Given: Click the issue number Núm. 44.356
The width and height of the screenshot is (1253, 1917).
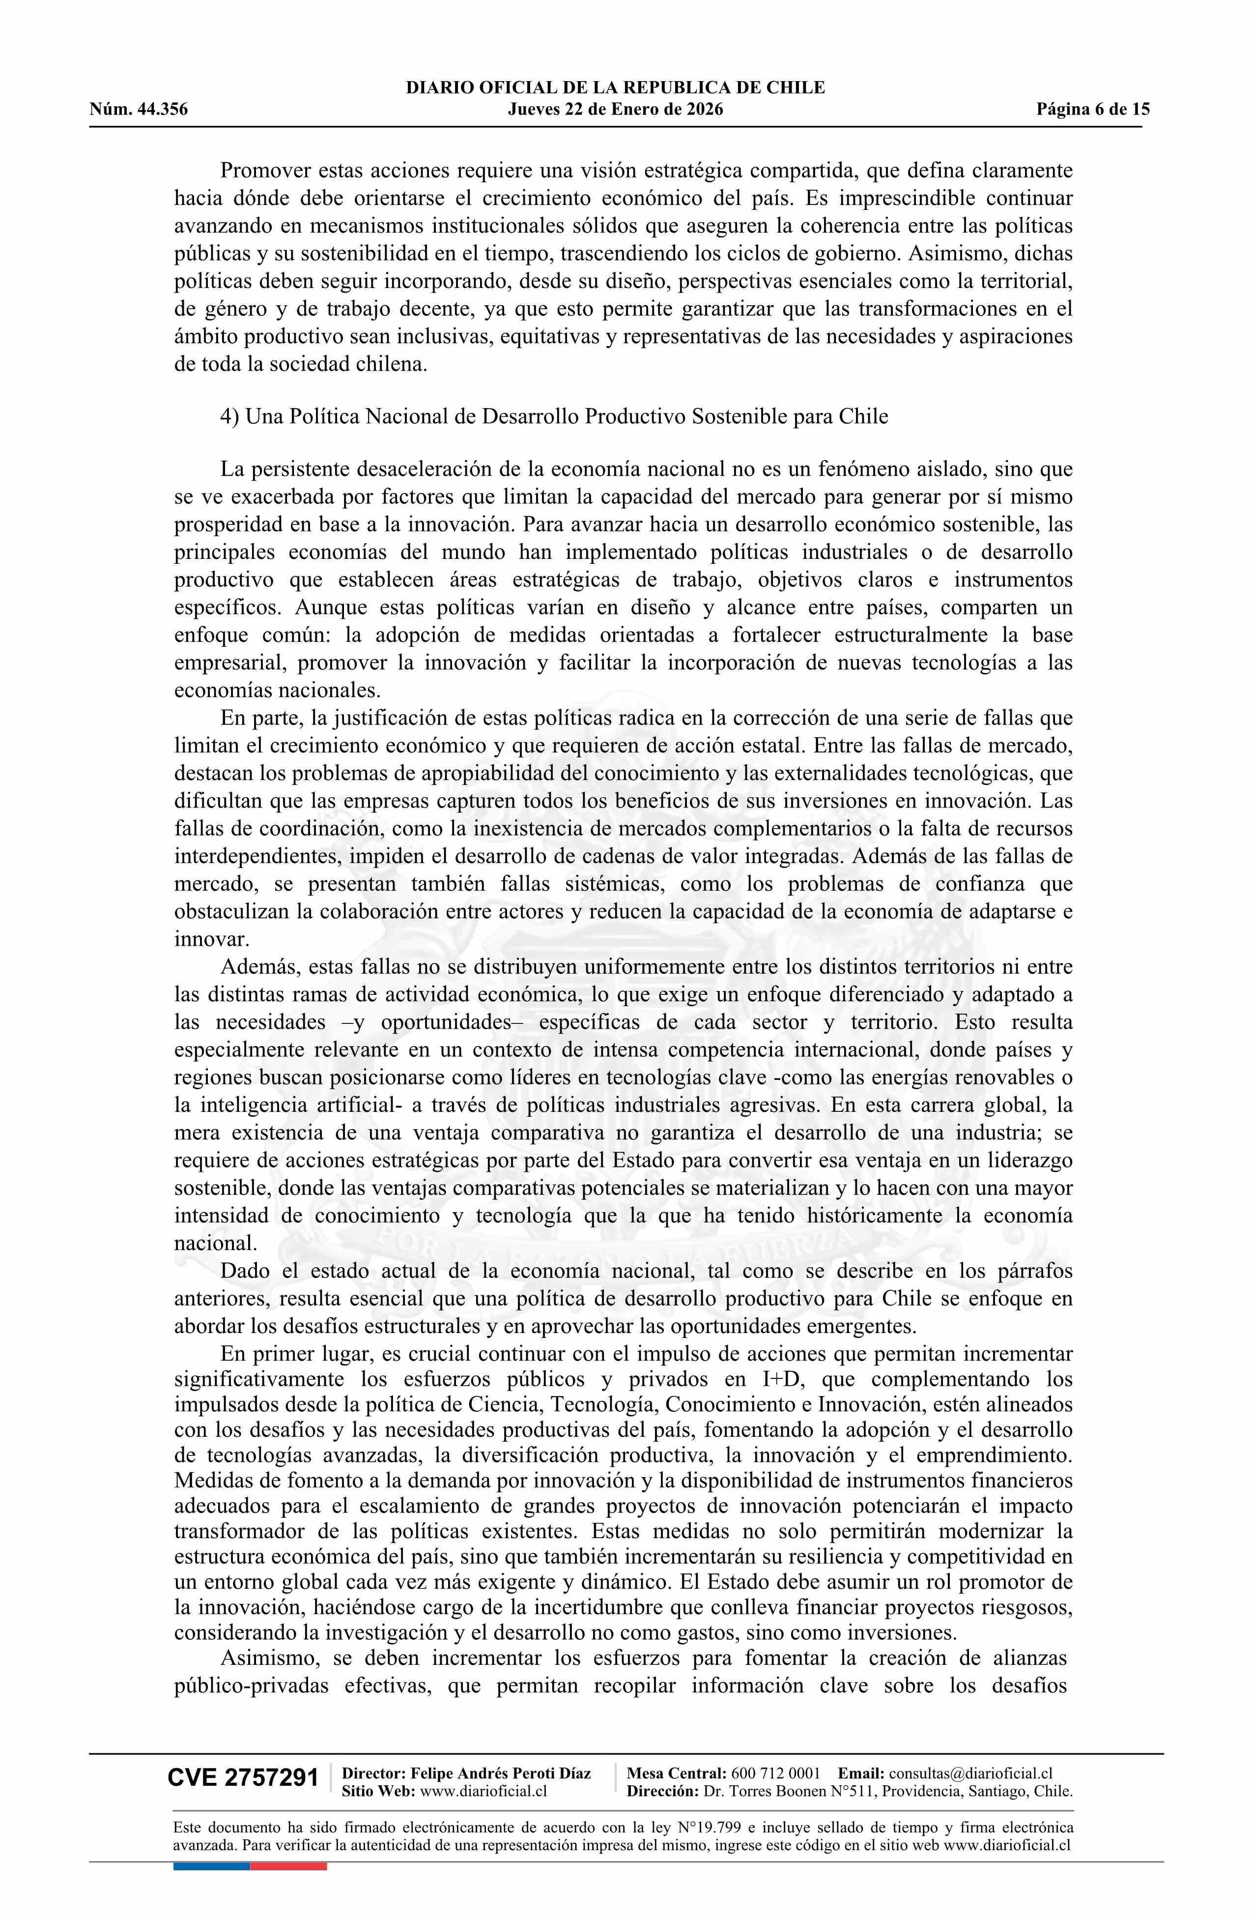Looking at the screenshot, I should [x=139, y=110].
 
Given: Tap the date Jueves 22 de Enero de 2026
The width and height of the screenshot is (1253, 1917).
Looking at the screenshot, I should [x=615, y=110].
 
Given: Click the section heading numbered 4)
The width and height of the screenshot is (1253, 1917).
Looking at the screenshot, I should [x=554, y=416].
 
